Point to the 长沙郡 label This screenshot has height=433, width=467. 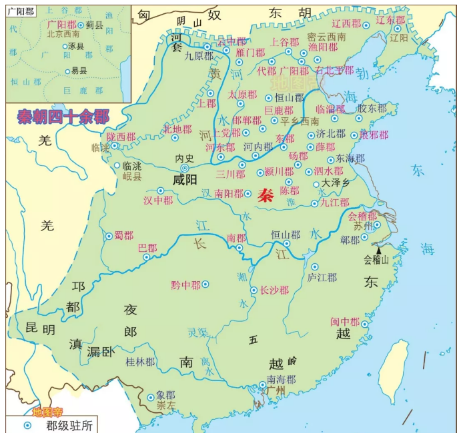[274, 290]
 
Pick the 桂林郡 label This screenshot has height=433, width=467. [140, 362]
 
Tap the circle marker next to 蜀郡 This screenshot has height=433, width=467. [109, 236]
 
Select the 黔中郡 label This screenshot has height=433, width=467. [185, 284]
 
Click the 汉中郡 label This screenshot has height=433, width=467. [157, 200]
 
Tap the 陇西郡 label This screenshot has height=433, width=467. [121, 137]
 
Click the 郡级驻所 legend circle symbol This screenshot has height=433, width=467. [27, 424]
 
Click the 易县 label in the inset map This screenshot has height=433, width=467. [79, 71]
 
